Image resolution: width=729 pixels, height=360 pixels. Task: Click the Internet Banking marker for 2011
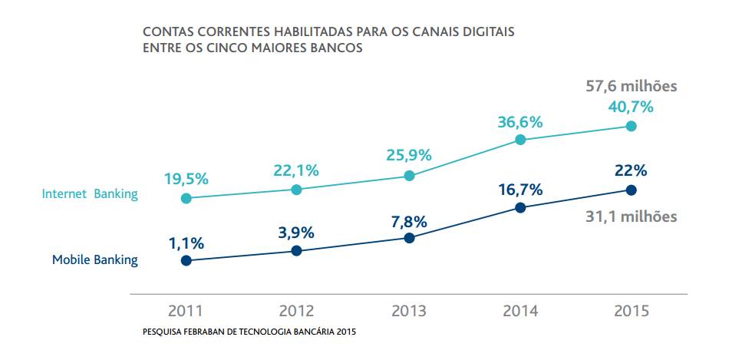point(186,198)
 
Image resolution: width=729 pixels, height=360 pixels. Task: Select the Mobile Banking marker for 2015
point(632,190)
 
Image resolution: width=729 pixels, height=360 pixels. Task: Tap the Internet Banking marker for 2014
point(520,139)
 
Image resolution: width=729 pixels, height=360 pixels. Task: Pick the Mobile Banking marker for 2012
point(297,251)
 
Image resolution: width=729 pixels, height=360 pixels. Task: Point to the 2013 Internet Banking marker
point(409,176)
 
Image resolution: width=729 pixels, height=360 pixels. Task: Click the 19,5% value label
point(186,179)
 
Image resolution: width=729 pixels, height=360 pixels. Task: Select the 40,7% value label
point(631,107)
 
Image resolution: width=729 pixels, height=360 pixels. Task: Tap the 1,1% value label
point(186,243)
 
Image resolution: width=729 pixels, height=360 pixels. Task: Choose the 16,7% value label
point(520,189)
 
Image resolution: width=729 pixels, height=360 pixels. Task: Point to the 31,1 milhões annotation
point(632,216)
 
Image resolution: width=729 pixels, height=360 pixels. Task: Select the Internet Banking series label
point(90,194)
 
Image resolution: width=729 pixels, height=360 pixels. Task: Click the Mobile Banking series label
point(95,259)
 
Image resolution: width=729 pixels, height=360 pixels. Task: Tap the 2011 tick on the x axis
point(186,311)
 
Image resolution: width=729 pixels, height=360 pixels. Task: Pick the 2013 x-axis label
point(409,311)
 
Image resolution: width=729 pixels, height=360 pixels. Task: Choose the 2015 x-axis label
point(632,311)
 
